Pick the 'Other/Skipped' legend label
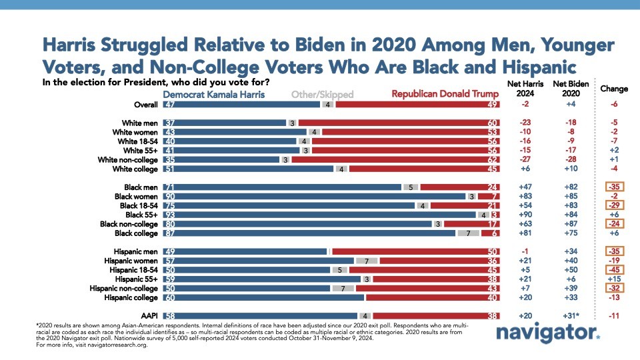[323, 95]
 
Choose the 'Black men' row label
[141, 188]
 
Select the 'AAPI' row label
[149, 315]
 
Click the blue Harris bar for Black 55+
[320, 215]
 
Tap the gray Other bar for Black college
[468, 233]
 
